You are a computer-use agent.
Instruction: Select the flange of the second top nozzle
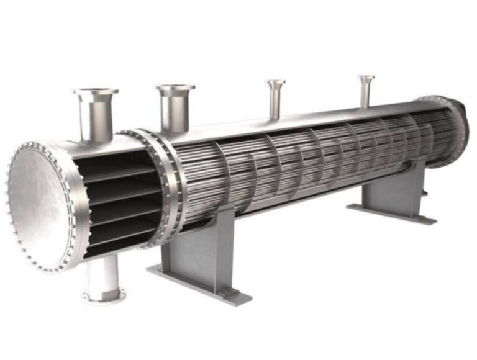(x=175, y=88)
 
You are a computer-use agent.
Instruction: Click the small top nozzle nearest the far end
(x=366, y=88)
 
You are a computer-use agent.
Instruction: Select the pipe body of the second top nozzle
(x=175, y=112)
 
